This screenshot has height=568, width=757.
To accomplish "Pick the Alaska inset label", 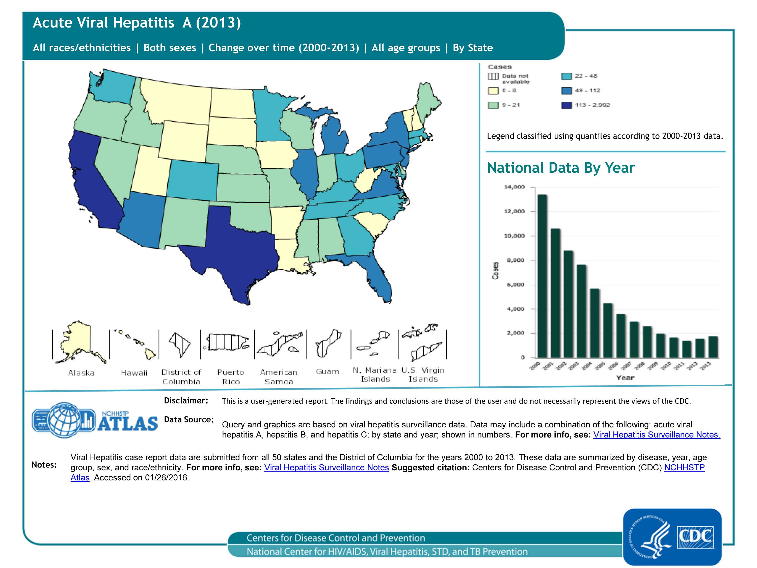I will pyautogui.click(x=81, y=373).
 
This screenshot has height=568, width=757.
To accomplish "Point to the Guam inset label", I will pyautogui.click(x=328, y=372).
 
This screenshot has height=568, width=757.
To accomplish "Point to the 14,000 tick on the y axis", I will pyautogui.click(x=514, y=187).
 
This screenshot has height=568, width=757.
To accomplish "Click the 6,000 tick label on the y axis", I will pyautogui.click(x=515, y=285).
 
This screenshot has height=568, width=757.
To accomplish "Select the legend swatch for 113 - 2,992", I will pyautogui.click(x=566, y=105).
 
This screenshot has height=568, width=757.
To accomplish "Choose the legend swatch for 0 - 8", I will pyautogui.click(x=493, y=91).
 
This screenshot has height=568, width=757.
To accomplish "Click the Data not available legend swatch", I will pyautogui.click(x=493, y=76).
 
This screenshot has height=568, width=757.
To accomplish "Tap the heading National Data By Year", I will pyautogui.click(x=561, y=168).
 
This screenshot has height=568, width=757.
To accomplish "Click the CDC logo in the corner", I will pyautogui.click(x=672, y=536).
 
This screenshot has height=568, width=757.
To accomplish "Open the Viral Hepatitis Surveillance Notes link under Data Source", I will pyautogui.click(x=656, y=435).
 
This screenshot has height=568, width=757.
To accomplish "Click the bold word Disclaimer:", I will pyautogui.click(x=186, y=401).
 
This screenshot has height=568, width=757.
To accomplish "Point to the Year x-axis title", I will pyautogui.click(x=625, y=378).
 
